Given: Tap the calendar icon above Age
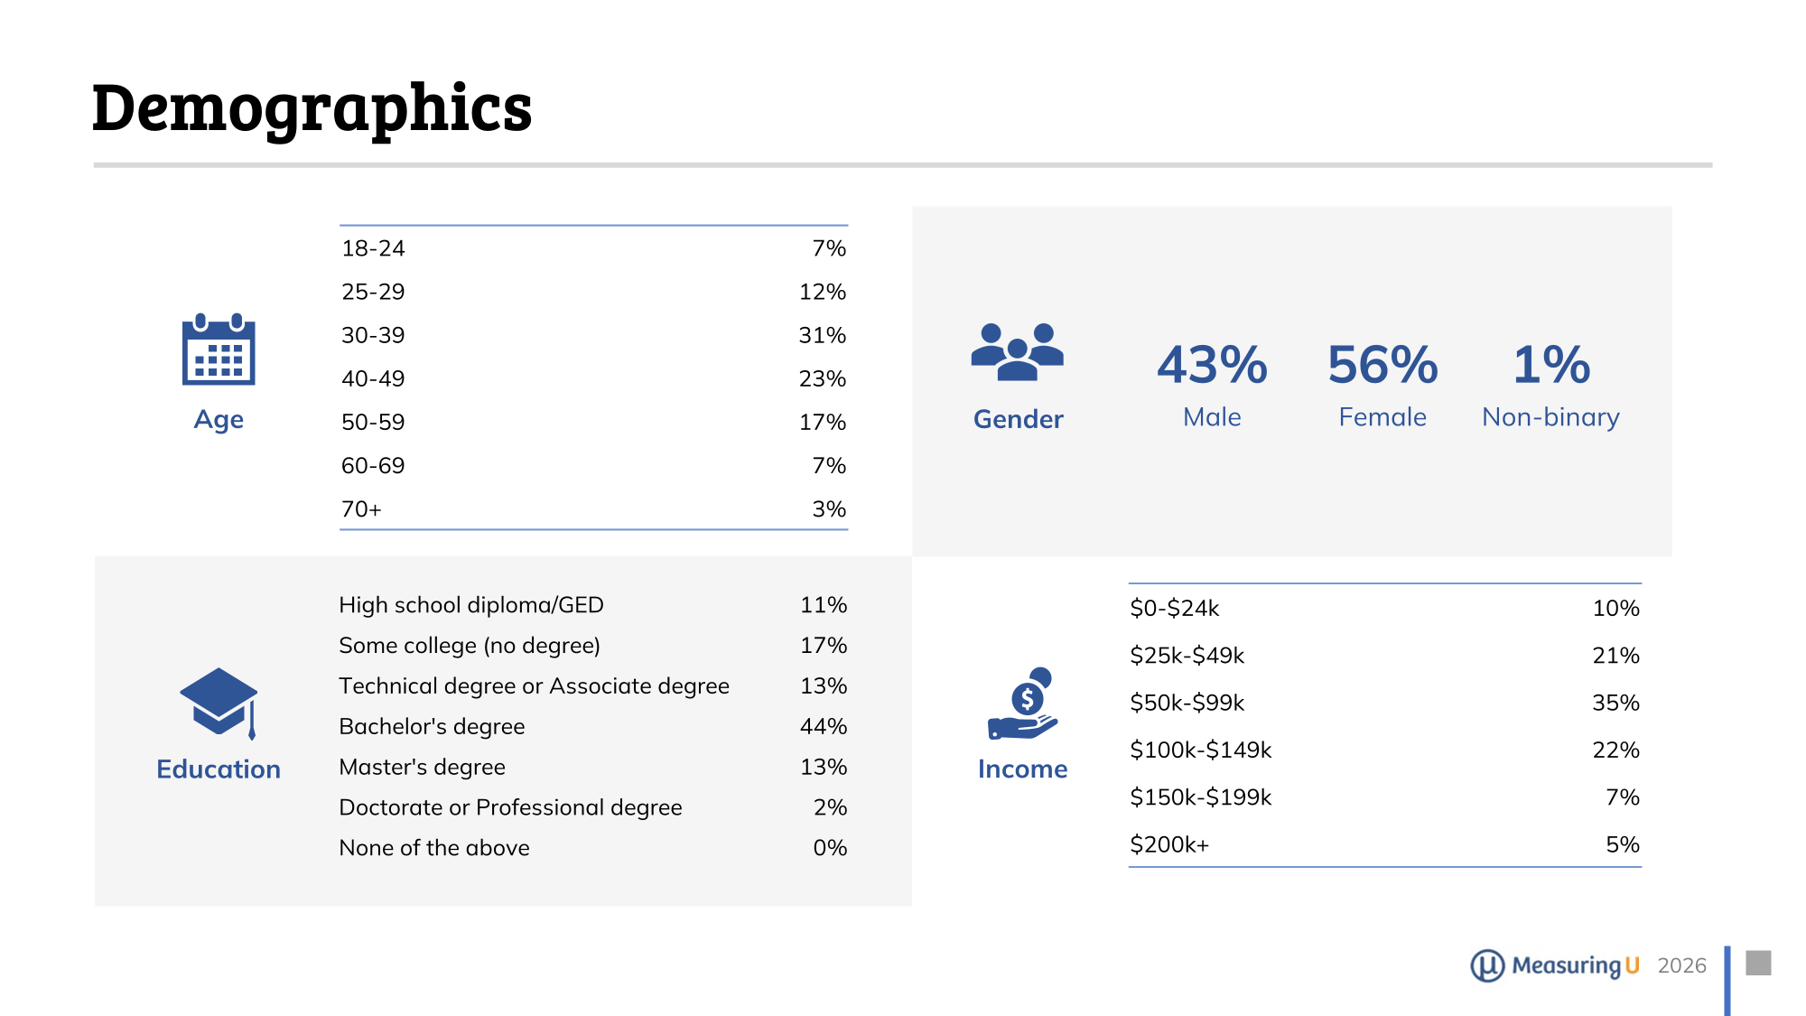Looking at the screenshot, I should point(219,350).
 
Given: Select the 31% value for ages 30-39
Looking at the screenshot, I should point(822,335).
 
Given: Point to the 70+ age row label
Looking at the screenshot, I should point(361,509).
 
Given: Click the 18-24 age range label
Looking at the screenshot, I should point(373,248).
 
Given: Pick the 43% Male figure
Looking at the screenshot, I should point(1212,365).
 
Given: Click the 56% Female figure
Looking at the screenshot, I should point(1382,365).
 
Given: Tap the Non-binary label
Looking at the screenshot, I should point(1550,417).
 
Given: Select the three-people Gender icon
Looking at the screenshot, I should point(1018,351).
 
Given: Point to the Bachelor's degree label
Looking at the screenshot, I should point(432,726).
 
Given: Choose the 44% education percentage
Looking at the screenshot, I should point(823,726).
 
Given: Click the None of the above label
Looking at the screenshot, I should point(434,848).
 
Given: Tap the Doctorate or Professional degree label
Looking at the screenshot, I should point(510,807).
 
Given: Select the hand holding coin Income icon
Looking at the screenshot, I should point(1024,704).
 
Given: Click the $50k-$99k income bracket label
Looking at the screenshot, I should point(1187,703).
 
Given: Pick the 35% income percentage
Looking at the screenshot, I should point(1615,703).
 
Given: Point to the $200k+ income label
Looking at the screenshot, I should point(1169,844).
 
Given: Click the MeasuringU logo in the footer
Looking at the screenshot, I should point(1554,965).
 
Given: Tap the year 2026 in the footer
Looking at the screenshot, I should point(1681,965).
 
